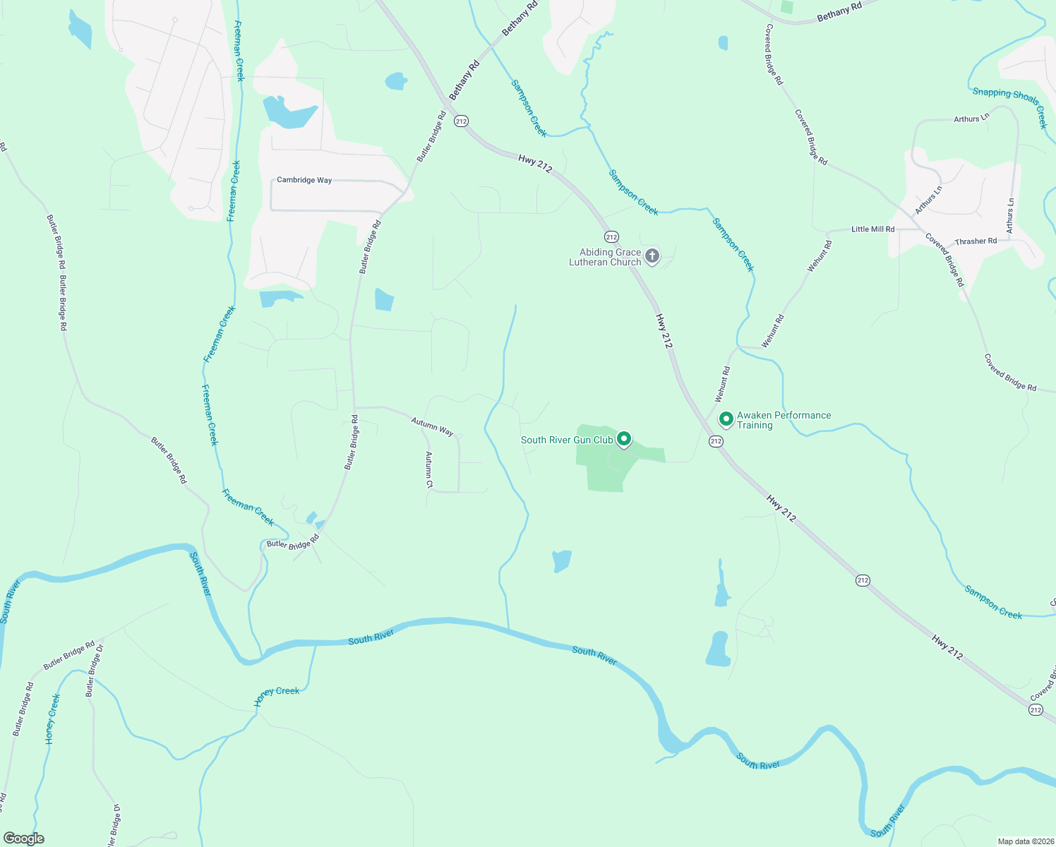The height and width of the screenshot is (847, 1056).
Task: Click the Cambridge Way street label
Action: [x=304, y=180]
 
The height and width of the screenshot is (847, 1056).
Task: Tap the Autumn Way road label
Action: [x=432, y=426]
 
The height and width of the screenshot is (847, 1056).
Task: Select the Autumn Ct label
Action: [x=428, y=470]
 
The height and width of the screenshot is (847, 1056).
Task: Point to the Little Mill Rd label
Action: [x=872, y=229]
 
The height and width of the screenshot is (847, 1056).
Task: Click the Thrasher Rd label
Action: [x=976, y=241]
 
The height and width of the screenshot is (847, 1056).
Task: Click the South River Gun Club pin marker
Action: [x=624, y=439]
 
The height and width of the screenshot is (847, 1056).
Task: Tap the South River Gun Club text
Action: [x=567, y=440]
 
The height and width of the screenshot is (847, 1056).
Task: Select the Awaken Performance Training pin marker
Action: [x=726, y=419]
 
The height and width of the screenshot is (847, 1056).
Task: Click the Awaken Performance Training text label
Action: [x=784, y=420]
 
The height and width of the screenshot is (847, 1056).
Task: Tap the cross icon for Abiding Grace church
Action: [x=652, y=256]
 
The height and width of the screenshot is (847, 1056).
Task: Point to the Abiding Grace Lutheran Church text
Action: [x=606, y=257]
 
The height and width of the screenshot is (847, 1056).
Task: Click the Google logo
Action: [x=24, y=839]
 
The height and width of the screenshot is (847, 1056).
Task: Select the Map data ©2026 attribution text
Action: [x=1025, y=841]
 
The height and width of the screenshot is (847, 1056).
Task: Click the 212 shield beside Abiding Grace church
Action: [x=611, y=237]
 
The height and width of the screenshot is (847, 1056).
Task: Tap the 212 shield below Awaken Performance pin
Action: [x=716, y=441]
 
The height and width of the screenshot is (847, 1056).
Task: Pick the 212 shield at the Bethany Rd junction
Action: [x=461, y=121]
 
